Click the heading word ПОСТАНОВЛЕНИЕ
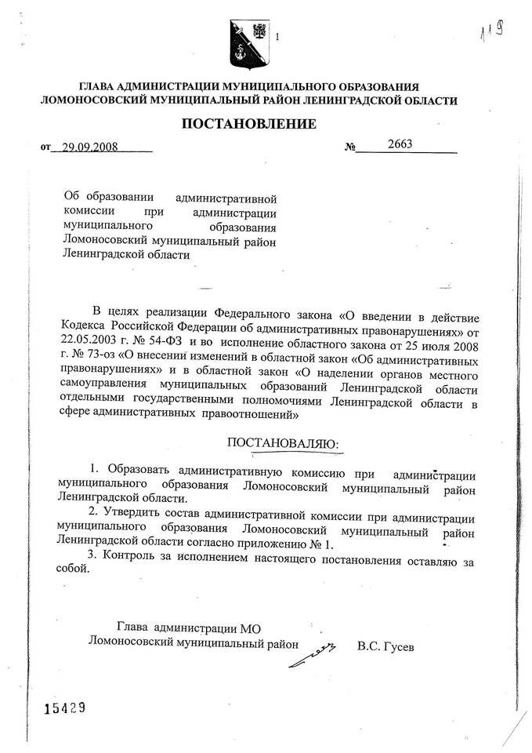coord(249,124)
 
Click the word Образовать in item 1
coord(139,471)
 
